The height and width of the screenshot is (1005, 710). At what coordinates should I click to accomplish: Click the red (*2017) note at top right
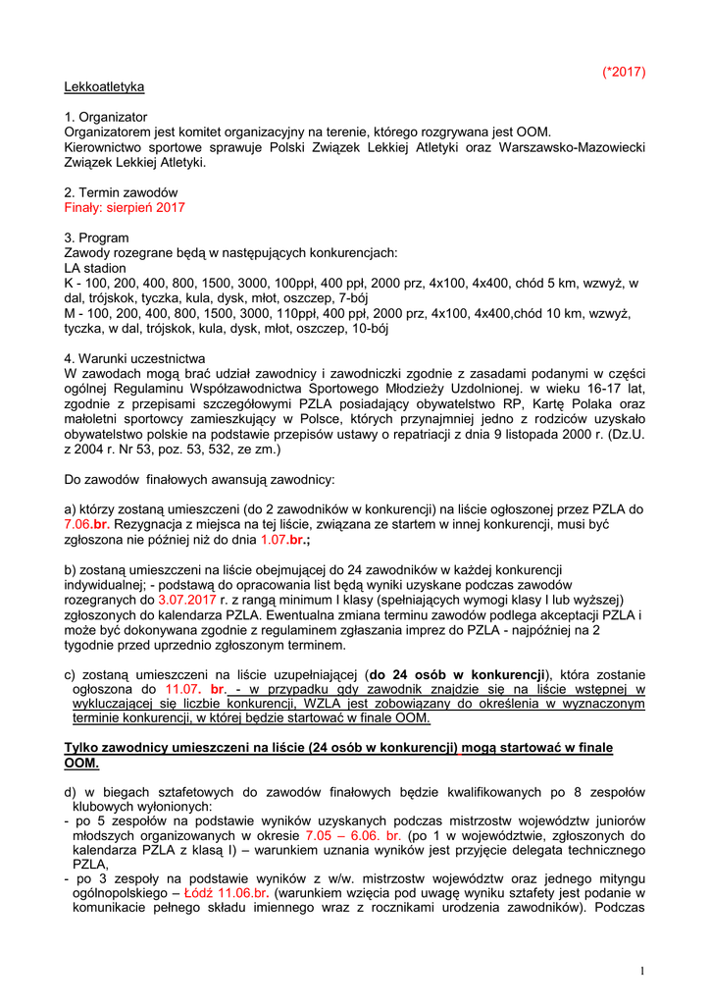pos(624,72)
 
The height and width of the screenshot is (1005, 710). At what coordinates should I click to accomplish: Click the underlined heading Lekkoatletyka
pos(104,86)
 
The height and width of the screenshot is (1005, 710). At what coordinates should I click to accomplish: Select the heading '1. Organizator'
pos(105,117)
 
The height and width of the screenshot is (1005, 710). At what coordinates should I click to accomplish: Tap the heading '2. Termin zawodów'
pos(121,192)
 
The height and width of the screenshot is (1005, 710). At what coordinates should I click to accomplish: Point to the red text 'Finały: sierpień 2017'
pos(125,208)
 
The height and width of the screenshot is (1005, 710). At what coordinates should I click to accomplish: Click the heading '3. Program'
pos(96,238)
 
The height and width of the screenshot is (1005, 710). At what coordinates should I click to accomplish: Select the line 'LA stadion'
pos(95,268)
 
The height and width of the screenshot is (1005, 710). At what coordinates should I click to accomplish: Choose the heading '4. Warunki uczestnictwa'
pos(135,358)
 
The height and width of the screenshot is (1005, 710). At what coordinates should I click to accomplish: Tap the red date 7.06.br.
pos(87,524)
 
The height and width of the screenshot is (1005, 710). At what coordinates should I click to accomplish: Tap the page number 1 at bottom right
pos(641,971)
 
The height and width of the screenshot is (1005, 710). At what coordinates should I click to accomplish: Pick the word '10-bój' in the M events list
pos(369,329)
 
